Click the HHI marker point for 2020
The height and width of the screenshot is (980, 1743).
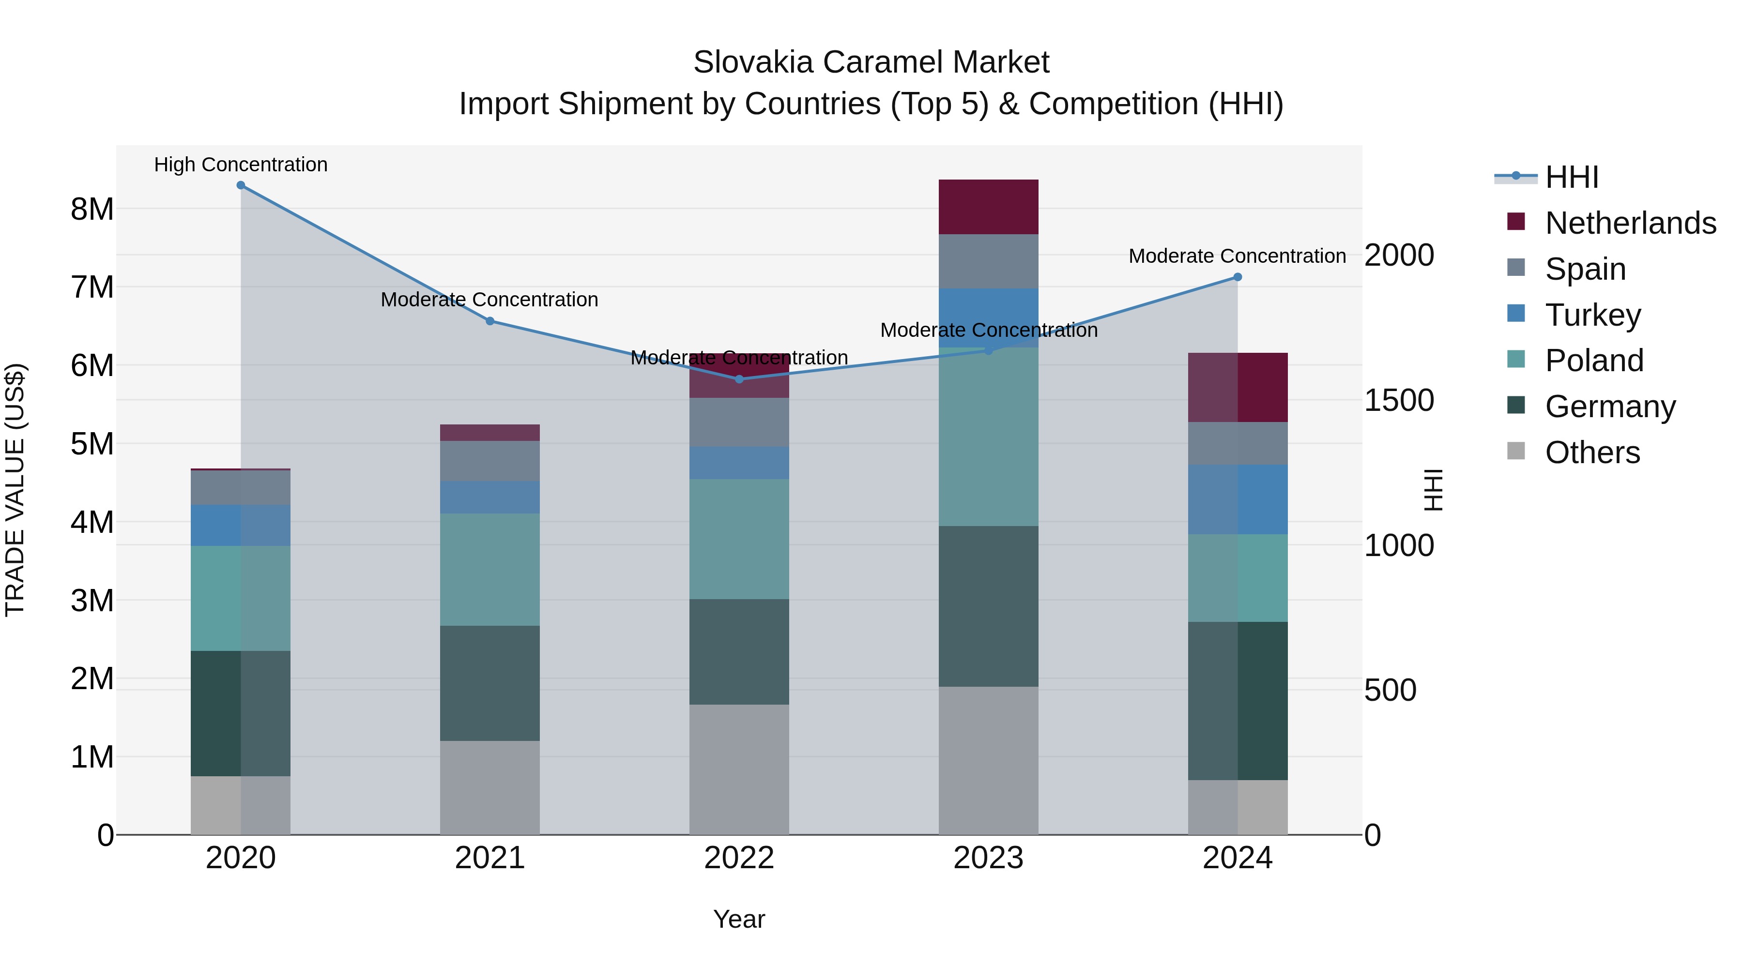coord(241,185)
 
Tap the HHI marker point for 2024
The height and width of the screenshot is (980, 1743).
coord(1238,277)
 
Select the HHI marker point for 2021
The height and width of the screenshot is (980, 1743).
coord(490,321)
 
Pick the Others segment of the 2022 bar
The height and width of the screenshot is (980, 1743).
coord(739,769)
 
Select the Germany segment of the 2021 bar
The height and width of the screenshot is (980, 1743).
coord(490,683)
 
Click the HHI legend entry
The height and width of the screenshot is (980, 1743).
coord(1571,177)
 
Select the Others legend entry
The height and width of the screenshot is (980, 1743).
coord(1591,452)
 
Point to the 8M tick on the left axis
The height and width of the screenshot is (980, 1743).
coord(92,209)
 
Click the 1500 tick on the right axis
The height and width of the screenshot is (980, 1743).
coord(1399,400)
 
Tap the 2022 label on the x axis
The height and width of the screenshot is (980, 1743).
coord(739,858)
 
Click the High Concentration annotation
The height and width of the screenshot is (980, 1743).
coord(241,165)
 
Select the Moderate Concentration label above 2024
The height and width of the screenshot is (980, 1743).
coord(1237,256)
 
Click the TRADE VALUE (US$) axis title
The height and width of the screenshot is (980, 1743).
coord(15,490)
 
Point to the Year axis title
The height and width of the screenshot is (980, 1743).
coord(739,919)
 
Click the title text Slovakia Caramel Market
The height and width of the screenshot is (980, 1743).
coord(871,62)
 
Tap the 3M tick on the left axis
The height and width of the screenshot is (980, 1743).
coord(92,601)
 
